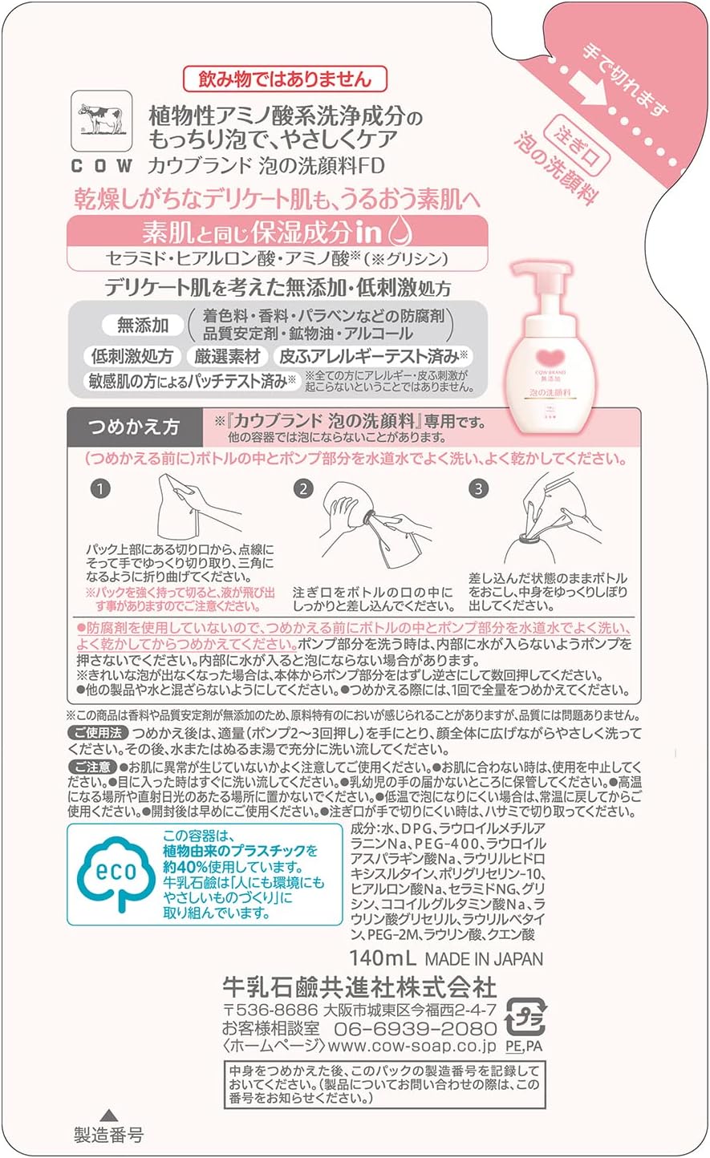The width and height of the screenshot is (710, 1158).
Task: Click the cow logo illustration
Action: point(102,121)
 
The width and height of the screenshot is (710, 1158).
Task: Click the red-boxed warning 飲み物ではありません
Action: point(285,79)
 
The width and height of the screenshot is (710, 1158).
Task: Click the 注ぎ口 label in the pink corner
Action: point(577,145)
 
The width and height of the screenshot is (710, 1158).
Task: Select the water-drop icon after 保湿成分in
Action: point(400,232)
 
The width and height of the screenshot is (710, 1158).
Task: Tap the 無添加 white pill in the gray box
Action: point(143,325)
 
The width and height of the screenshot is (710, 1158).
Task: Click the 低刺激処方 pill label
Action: point(132,356)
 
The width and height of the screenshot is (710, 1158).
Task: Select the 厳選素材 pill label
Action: point(228,356)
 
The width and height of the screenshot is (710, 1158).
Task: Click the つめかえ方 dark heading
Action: point(134,427)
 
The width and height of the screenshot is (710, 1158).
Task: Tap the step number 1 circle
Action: point(100,488)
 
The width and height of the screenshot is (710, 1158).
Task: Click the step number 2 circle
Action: point(303,488)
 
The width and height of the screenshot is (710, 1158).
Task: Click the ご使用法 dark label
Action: point(98,733)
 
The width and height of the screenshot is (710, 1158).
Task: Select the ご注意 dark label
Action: point(92,767)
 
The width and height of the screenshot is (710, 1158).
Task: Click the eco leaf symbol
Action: point(115,873)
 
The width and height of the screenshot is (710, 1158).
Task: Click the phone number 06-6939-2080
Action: point(416,1028)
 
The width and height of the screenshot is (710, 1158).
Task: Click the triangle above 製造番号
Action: point(109,1115)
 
